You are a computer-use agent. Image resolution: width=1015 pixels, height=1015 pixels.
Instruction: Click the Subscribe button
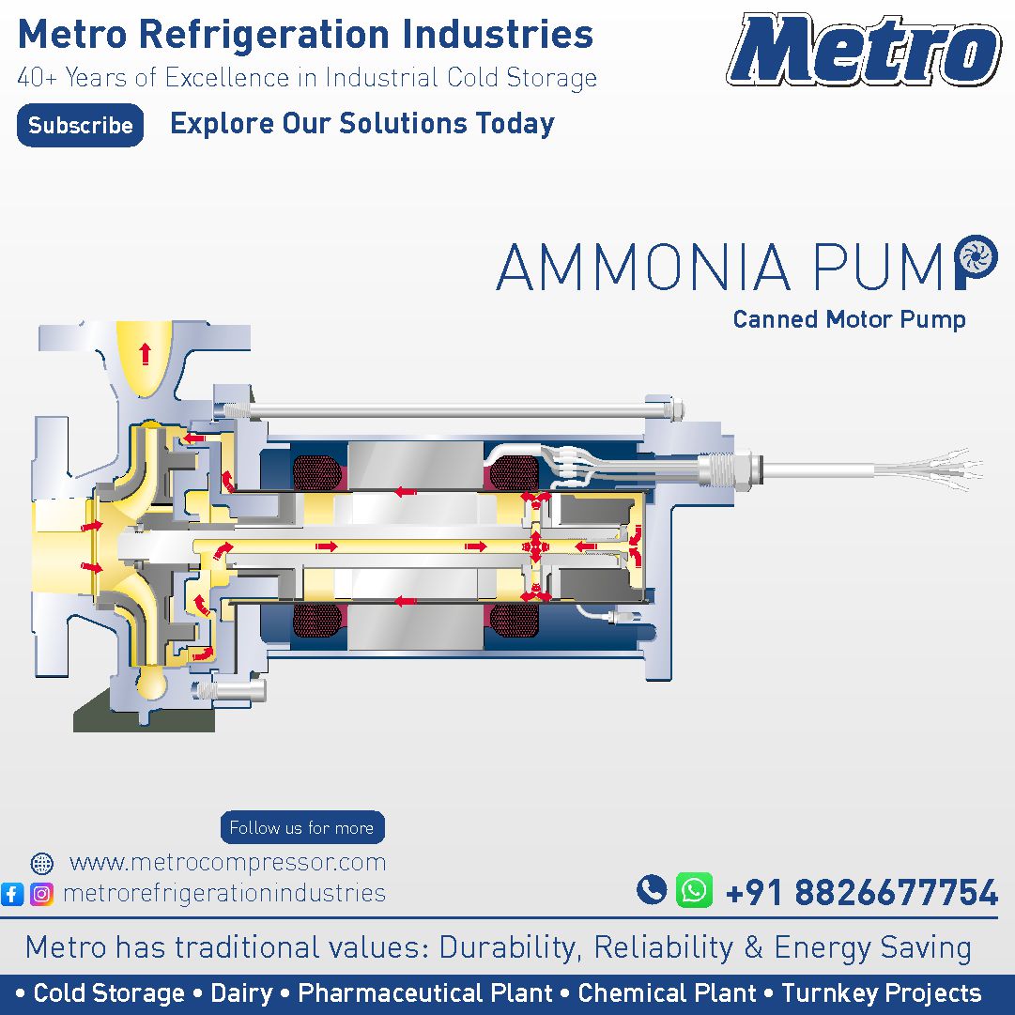tap(80, 125)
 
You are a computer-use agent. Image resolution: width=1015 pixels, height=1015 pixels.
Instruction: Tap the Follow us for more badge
tap(302, 827)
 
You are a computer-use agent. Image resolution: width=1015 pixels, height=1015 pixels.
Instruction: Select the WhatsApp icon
tap(694, 890)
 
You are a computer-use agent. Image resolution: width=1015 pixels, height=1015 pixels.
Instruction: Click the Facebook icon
tap(12, 894)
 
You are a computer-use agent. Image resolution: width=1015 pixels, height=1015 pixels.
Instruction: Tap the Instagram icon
tap(42, 894)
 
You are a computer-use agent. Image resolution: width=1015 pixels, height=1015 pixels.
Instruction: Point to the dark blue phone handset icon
tap(652, 889)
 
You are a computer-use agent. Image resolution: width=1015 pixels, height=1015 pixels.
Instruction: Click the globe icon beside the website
tap(42, 863)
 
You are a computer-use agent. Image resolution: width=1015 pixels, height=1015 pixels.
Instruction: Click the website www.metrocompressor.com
tap(227, 862)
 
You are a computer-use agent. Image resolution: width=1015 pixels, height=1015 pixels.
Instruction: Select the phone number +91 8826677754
tap(862, 892)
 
